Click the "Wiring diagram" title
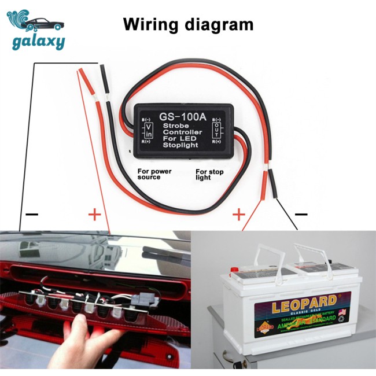[x=188, y=25]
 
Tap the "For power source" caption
[x=154, y=174]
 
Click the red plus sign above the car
[x=94, y=215]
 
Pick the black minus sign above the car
[x=32, y=215]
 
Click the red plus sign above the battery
[x=238, y=215]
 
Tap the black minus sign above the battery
[x=301, y=215]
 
